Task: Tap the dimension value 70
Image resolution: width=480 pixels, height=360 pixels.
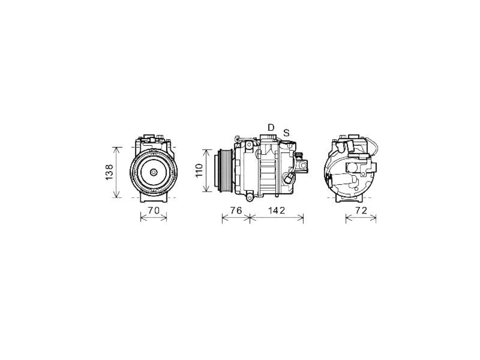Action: (x=154, y=210)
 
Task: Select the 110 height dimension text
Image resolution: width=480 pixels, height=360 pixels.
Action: (x=199, y=171)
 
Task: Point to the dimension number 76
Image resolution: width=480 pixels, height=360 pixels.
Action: (x=236, y=210)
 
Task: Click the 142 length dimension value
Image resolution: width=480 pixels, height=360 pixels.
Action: (x=277, y=210)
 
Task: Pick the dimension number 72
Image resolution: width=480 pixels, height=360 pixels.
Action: (x=361, y=210)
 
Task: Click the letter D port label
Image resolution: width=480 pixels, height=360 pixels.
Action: (x=271, y=127)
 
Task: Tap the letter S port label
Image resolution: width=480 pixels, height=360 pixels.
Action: (x=286, y=133)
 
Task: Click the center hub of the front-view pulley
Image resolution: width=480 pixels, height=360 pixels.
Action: (x=153, y=172)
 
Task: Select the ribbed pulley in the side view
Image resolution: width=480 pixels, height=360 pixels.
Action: (x=225, y=171)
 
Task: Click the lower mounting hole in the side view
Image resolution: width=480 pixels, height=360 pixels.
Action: (x=249, y=198)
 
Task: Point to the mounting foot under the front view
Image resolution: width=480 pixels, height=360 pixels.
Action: (x=154, y=198)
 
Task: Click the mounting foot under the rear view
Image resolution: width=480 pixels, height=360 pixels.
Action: (x=349, y=198)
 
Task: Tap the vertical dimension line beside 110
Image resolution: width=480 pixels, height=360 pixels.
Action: (x=207, y=171)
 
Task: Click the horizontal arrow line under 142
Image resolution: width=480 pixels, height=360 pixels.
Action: (x=277, y=218)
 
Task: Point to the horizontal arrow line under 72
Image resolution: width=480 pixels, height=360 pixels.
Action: (x=361, y=218)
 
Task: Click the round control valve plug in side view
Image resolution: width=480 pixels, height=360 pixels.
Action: (x=289, y=179)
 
